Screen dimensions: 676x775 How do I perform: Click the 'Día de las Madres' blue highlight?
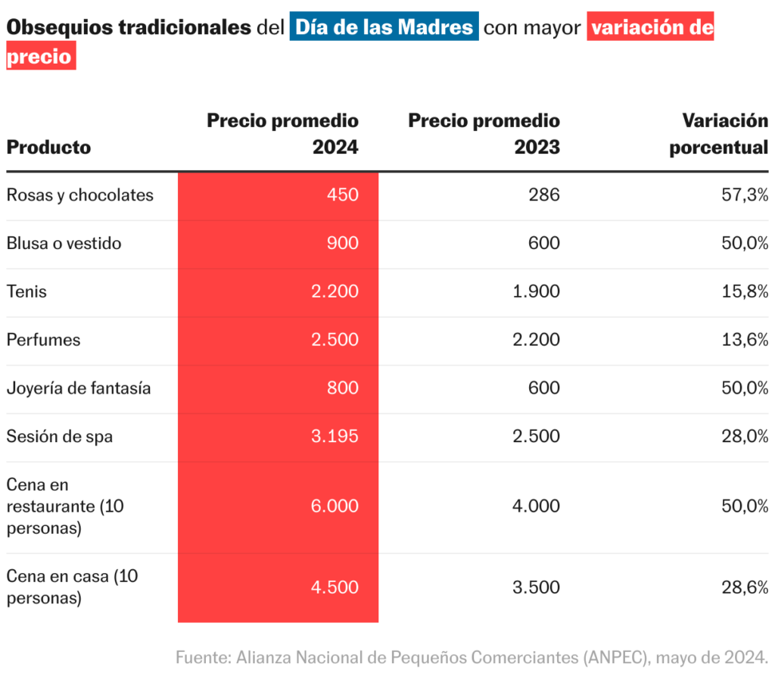point(384,28)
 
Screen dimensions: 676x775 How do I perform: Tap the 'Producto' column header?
point(48,147)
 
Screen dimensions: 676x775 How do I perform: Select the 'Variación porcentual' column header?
point(718,134)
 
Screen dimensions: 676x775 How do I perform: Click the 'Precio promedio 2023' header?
point(484,134)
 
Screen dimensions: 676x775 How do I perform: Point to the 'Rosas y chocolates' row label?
point(79,195)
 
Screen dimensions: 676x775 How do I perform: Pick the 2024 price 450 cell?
point(342,195)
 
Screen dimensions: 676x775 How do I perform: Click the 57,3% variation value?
point(745,195)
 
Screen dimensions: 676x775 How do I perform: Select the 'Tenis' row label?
point(26,291)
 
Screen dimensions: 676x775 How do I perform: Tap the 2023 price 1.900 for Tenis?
point(536,291)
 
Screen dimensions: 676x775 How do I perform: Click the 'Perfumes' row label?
point(43,340)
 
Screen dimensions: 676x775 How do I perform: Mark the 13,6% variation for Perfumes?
point(745,340)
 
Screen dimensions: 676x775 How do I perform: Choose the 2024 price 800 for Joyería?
point(342,388)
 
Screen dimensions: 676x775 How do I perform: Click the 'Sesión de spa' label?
point(59,437)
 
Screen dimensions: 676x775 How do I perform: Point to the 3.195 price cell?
point(334,437)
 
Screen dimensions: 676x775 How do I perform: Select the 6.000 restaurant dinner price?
point(334,507)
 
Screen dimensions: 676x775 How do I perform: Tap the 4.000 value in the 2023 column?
point(536,507)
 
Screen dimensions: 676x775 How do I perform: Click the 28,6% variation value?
point(745,587)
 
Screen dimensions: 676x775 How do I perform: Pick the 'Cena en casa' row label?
point(72,587)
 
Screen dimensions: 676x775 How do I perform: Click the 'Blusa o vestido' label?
point(64,244)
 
